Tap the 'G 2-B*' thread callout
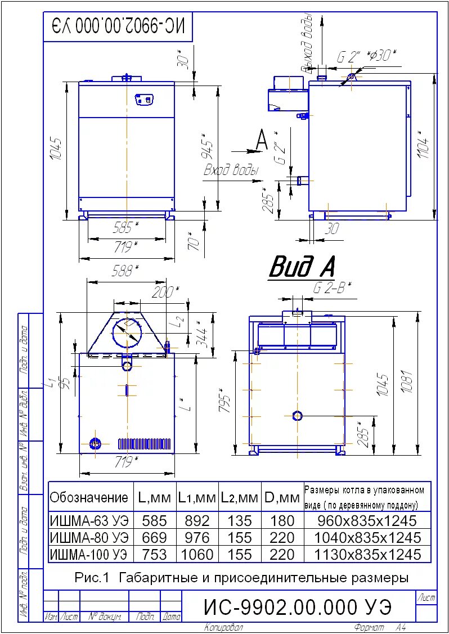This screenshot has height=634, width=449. click(331, 287)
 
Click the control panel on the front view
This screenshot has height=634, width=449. click(144, 100)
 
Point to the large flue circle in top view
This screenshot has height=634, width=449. click(127, 334)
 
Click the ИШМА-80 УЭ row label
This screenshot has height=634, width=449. click(89, 537)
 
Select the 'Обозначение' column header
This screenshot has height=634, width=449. click(89, 497)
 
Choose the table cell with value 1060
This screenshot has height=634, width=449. click(197, 555)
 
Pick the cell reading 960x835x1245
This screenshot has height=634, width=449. click(367, 520)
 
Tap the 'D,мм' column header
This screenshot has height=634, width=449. click(282, 497)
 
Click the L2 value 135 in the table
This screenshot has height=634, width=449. click(240, 520)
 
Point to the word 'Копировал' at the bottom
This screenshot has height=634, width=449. click(223, 627)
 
